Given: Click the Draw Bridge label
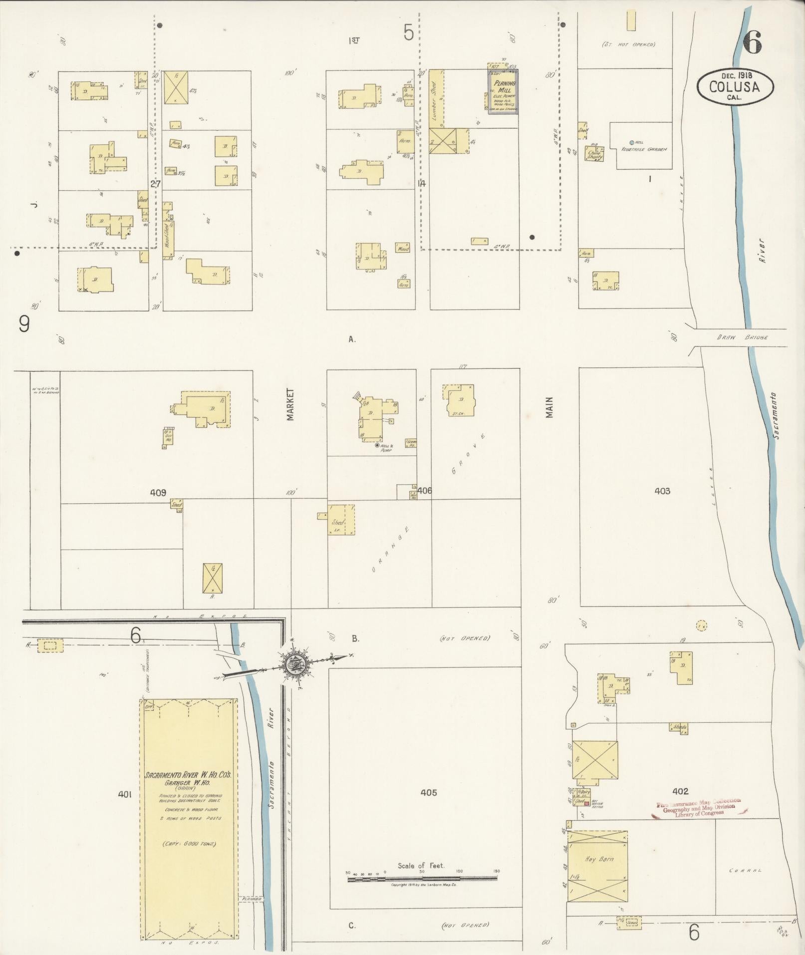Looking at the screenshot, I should click(742, 337).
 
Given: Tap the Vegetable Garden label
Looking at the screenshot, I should click(644, 149).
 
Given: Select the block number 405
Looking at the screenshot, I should click(428, 792).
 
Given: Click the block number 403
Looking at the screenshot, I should click(662, 491).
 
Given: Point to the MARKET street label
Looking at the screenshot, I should click(290, 405).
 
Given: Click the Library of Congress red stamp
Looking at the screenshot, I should click(698, 807).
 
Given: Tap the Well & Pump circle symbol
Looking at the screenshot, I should click(377, 445).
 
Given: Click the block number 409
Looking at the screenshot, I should click(158, 492).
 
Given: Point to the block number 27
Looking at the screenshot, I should click(156, 184).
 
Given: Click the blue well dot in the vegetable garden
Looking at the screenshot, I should click(632, 142).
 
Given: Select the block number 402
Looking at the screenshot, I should click(680, 791).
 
